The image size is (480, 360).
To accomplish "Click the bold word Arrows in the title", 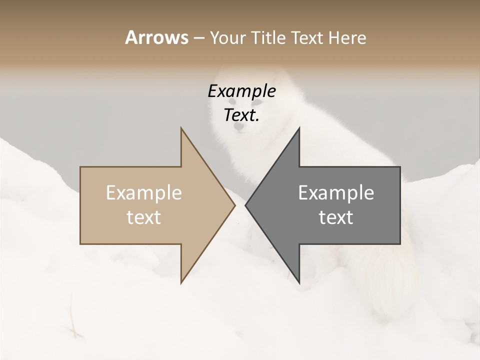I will (156, 37).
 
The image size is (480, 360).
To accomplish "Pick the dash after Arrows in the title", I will (198, 38).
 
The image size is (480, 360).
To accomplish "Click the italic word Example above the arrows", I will (241, 91).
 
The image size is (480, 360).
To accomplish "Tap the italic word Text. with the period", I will (241, 115).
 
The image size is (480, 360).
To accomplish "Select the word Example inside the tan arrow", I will (143, 192).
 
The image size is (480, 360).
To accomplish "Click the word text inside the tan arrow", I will (143, 217).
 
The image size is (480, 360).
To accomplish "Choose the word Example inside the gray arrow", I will (336, 192).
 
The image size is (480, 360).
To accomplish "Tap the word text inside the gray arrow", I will (336, 217).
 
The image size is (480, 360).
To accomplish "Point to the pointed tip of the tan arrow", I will (234, 205).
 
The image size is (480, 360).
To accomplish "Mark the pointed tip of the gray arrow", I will (245, 205).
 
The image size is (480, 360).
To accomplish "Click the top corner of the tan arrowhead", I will (181, 128).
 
